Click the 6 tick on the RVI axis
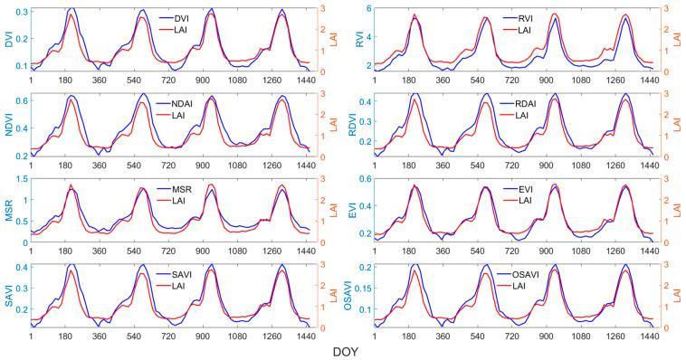click(x=368, y=8)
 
